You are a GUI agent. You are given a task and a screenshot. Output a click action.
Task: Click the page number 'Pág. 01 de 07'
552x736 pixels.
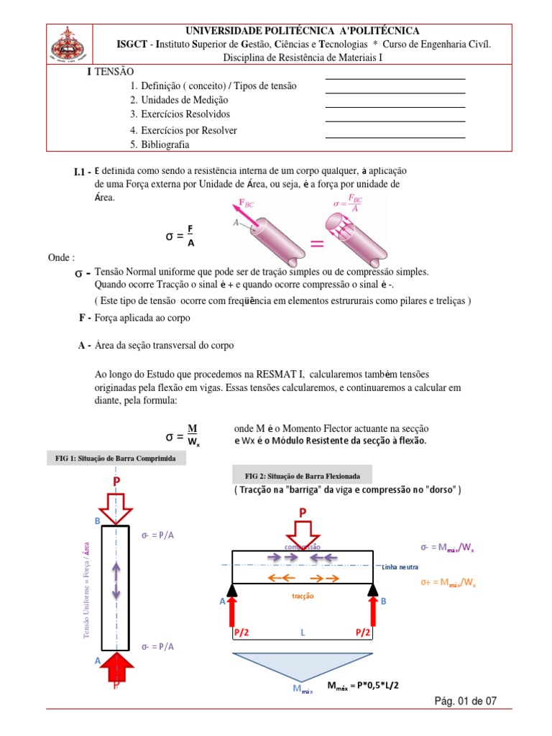click(x=465, y=701)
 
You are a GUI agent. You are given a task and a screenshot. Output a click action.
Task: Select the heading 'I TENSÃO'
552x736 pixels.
click(x=109, y=73)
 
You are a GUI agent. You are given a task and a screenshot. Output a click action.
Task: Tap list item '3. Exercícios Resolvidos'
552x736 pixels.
click(x=180, y=114)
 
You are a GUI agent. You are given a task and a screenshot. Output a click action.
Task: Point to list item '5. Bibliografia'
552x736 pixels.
click(x=160, y=144)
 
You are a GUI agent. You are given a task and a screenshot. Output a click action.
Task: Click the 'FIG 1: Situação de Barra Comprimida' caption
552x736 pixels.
click(x=116, y=458)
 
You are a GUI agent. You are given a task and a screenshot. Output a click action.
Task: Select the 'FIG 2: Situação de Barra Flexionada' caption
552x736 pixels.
click(x=301, y=476)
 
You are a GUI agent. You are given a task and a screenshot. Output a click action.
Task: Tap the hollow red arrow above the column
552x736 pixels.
click(x=116, y=507)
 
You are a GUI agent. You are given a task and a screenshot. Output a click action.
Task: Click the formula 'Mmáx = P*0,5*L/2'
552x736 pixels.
click(x=363, y=686)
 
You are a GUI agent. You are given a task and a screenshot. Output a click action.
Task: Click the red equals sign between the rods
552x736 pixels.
click(x=316, y=244)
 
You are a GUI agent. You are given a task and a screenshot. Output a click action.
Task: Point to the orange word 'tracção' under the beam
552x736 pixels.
click(x=303, y=596)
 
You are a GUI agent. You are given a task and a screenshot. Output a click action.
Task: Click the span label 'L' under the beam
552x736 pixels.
click(x=303, y=632)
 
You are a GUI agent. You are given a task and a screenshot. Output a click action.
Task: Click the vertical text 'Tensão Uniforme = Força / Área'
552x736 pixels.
click(x=87, y=589)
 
